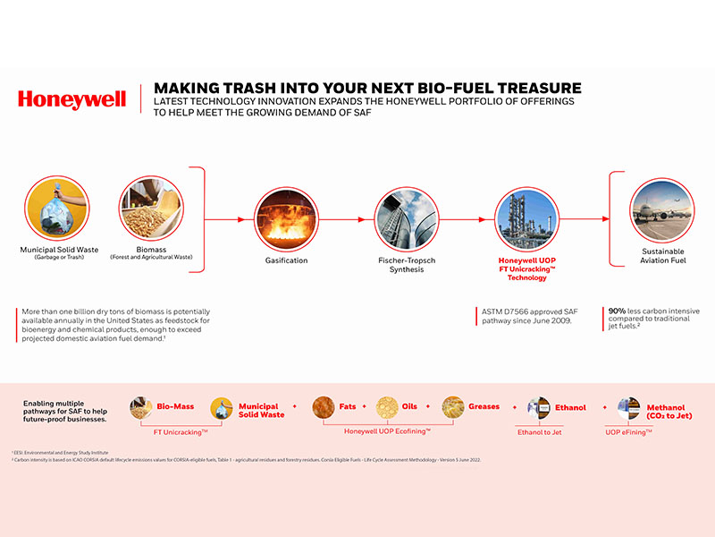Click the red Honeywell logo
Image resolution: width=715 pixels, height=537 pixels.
tap(72, 99)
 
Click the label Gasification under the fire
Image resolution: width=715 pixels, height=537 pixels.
tap(286, 260)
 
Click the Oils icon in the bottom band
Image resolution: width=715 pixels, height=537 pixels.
tap(388, 407)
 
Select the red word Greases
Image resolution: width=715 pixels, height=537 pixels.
tap(484, 407)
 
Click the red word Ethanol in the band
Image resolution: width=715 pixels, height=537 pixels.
tap(570, 408)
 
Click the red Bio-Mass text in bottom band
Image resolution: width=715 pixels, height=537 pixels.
tap(176, 407)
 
